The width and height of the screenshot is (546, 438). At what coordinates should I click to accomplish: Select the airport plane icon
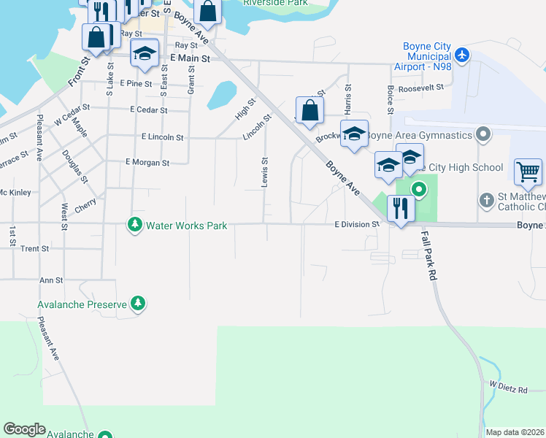tap(461, 55)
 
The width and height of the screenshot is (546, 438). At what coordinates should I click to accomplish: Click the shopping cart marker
tap(528, 172)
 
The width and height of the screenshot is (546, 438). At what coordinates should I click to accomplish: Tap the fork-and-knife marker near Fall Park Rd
tap(400, 209)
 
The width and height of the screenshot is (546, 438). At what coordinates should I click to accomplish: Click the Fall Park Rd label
tap(429, 255)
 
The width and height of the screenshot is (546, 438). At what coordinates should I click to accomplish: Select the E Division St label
tap(357, 225)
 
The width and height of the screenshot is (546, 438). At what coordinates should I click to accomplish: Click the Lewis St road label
tap(265, 172)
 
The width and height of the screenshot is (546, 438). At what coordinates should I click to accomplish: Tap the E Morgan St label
tap(147, 162)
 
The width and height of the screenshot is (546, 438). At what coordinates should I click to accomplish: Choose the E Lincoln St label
tap(163, 137)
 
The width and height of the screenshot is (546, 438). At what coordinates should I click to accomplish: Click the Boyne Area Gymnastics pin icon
tap(482, 134)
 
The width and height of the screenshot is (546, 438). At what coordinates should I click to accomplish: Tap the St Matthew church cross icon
tap(487, 199)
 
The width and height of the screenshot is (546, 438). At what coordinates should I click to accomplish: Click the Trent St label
tap(34, 249)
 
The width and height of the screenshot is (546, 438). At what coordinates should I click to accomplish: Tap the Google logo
tap(24, 429)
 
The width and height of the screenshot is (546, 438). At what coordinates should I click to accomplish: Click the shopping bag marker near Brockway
tap(309, 110)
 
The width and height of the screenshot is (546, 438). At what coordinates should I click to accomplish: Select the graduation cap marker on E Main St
tap(145, 54)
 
